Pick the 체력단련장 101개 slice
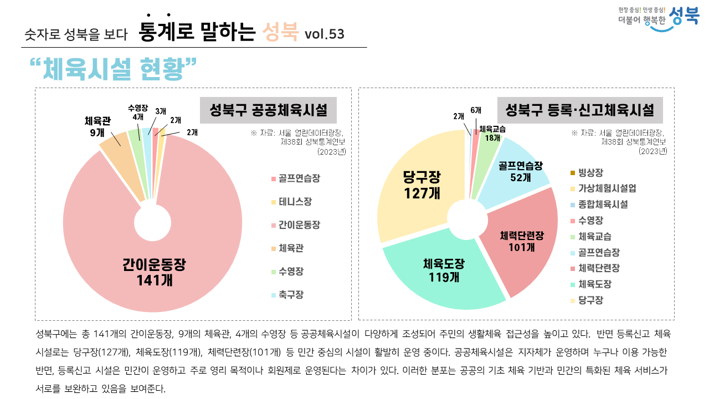[521, 241]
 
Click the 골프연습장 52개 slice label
[520, 171]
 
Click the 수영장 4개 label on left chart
[137, 112]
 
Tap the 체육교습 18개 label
[492, 133]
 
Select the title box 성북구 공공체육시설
[268, 109]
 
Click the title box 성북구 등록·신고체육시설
[580, 109]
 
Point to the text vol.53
[324, 34]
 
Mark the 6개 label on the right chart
[476, 111]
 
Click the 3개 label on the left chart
[161, 111]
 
